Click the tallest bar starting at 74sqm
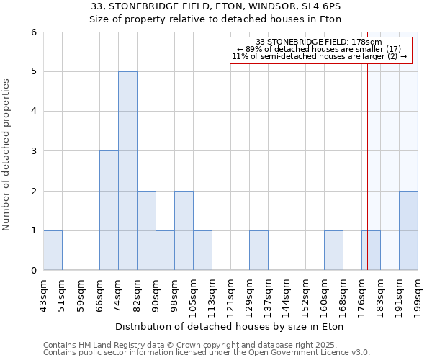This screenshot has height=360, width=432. tap(127, 171)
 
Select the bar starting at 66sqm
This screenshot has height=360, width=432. tap(109, 210)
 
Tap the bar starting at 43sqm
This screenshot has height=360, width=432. tap(53, 250)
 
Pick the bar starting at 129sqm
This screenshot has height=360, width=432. tap(258, 250)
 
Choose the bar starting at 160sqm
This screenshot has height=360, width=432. tap(333, 250)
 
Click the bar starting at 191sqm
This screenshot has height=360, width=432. tap(408, 230)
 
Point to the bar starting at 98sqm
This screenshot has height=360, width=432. tap(184, 230)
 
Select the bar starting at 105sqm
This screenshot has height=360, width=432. tap(202, 250)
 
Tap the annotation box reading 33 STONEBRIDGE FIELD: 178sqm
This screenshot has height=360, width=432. tap(321, 50)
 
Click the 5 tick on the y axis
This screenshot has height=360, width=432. tap(33, 71)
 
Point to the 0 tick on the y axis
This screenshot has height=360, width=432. tap(33, 270)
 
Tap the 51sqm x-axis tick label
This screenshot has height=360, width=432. tap(62, 292)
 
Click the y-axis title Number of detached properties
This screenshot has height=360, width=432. tap(7, 154)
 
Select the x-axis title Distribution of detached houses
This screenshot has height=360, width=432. tap(230, 326)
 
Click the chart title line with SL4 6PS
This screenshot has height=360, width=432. tap(215, 6)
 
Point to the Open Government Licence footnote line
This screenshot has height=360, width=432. tap(207, 352)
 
